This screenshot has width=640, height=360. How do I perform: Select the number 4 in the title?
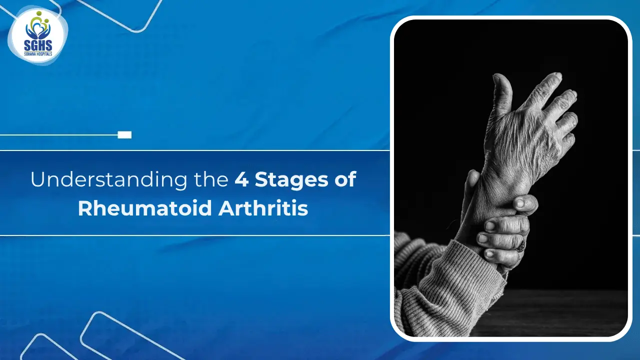(x=241, y=180)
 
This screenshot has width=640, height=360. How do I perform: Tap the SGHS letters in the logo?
(x=37, y=44)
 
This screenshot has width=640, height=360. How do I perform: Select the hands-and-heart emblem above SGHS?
(x=37, y=27)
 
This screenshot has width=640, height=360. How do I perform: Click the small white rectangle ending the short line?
(x=124, y=135)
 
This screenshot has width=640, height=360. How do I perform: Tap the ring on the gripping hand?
(x=520, y=246)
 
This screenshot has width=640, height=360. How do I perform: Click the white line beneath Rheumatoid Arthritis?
(x=195, y=235)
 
